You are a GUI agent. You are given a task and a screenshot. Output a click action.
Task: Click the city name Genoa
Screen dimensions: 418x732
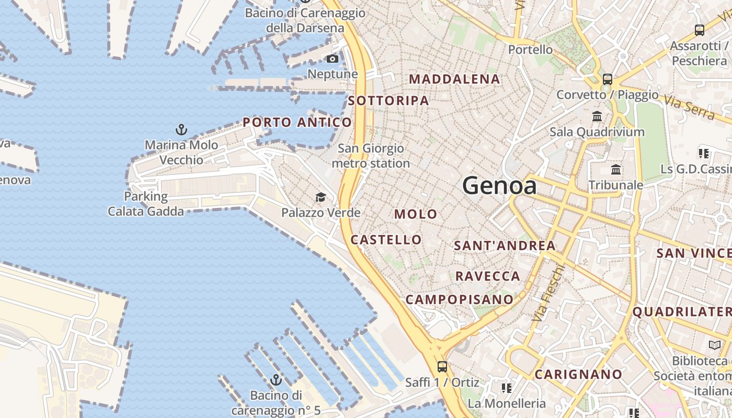pos(499,185)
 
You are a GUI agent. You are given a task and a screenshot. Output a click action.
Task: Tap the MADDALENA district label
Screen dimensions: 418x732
pos(454,79)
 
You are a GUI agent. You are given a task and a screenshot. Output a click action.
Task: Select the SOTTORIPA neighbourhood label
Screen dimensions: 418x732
pos(388,100)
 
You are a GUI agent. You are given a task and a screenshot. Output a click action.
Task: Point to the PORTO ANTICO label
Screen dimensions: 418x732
pos(297,122)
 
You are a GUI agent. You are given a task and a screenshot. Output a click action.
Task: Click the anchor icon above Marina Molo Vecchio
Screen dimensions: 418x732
pos(181,130)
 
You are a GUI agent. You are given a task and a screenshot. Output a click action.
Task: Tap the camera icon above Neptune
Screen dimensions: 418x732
pos(333,59)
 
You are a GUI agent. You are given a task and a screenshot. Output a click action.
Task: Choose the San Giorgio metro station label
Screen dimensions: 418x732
pos(371,156)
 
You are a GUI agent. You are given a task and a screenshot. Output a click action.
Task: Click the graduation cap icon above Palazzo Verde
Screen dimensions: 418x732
pos(321,197)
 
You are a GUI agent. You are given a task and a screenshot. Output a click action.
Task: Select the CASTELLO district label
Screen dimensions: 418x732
pos(386,239)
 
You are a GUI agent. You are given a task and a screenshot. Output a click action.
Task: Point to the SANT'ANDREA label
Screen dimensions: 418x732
pos(505,245)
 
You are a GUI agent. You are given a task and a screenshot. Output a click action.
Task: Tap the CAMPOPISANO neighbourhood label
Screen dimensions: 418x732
pos(460,299)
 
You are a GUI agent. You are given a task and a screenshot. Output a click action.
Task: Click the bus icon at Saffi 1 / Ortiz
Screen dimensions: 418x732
pos(442,367)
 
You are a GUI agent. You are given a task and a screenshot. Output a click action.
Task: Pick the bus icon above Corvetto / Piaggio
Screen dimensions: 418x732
pos(607,79)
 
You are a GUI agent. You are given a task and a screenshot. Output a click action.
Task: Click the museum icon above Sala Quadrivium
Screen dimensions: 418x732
pos(597,116)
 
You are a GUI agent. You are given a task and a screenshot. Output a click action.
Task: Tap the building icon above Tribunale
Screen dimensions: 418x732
pos(616,169)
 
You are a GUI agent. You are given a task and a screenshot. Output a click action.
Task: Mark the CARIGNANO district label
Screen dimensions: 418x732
pos(578,374)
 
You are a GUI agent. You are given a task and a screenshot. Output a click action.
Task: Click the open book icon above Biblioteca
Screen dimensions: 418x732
pos(714,345)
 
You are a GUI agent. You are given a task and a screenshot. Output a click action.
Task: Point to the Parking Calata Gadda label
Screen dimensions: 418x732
pos(146,204)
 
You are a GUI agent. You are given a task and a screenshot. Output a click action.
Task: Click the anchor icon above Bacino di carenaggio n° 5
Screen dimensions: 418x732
pos(276,380)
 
